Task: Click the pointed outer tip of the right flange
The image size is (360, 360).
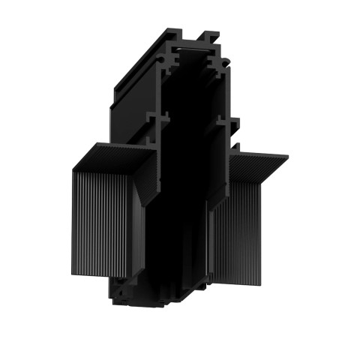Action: point(288,156)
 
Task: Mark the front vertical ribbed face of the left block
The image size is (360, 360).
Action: point(105,225)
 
